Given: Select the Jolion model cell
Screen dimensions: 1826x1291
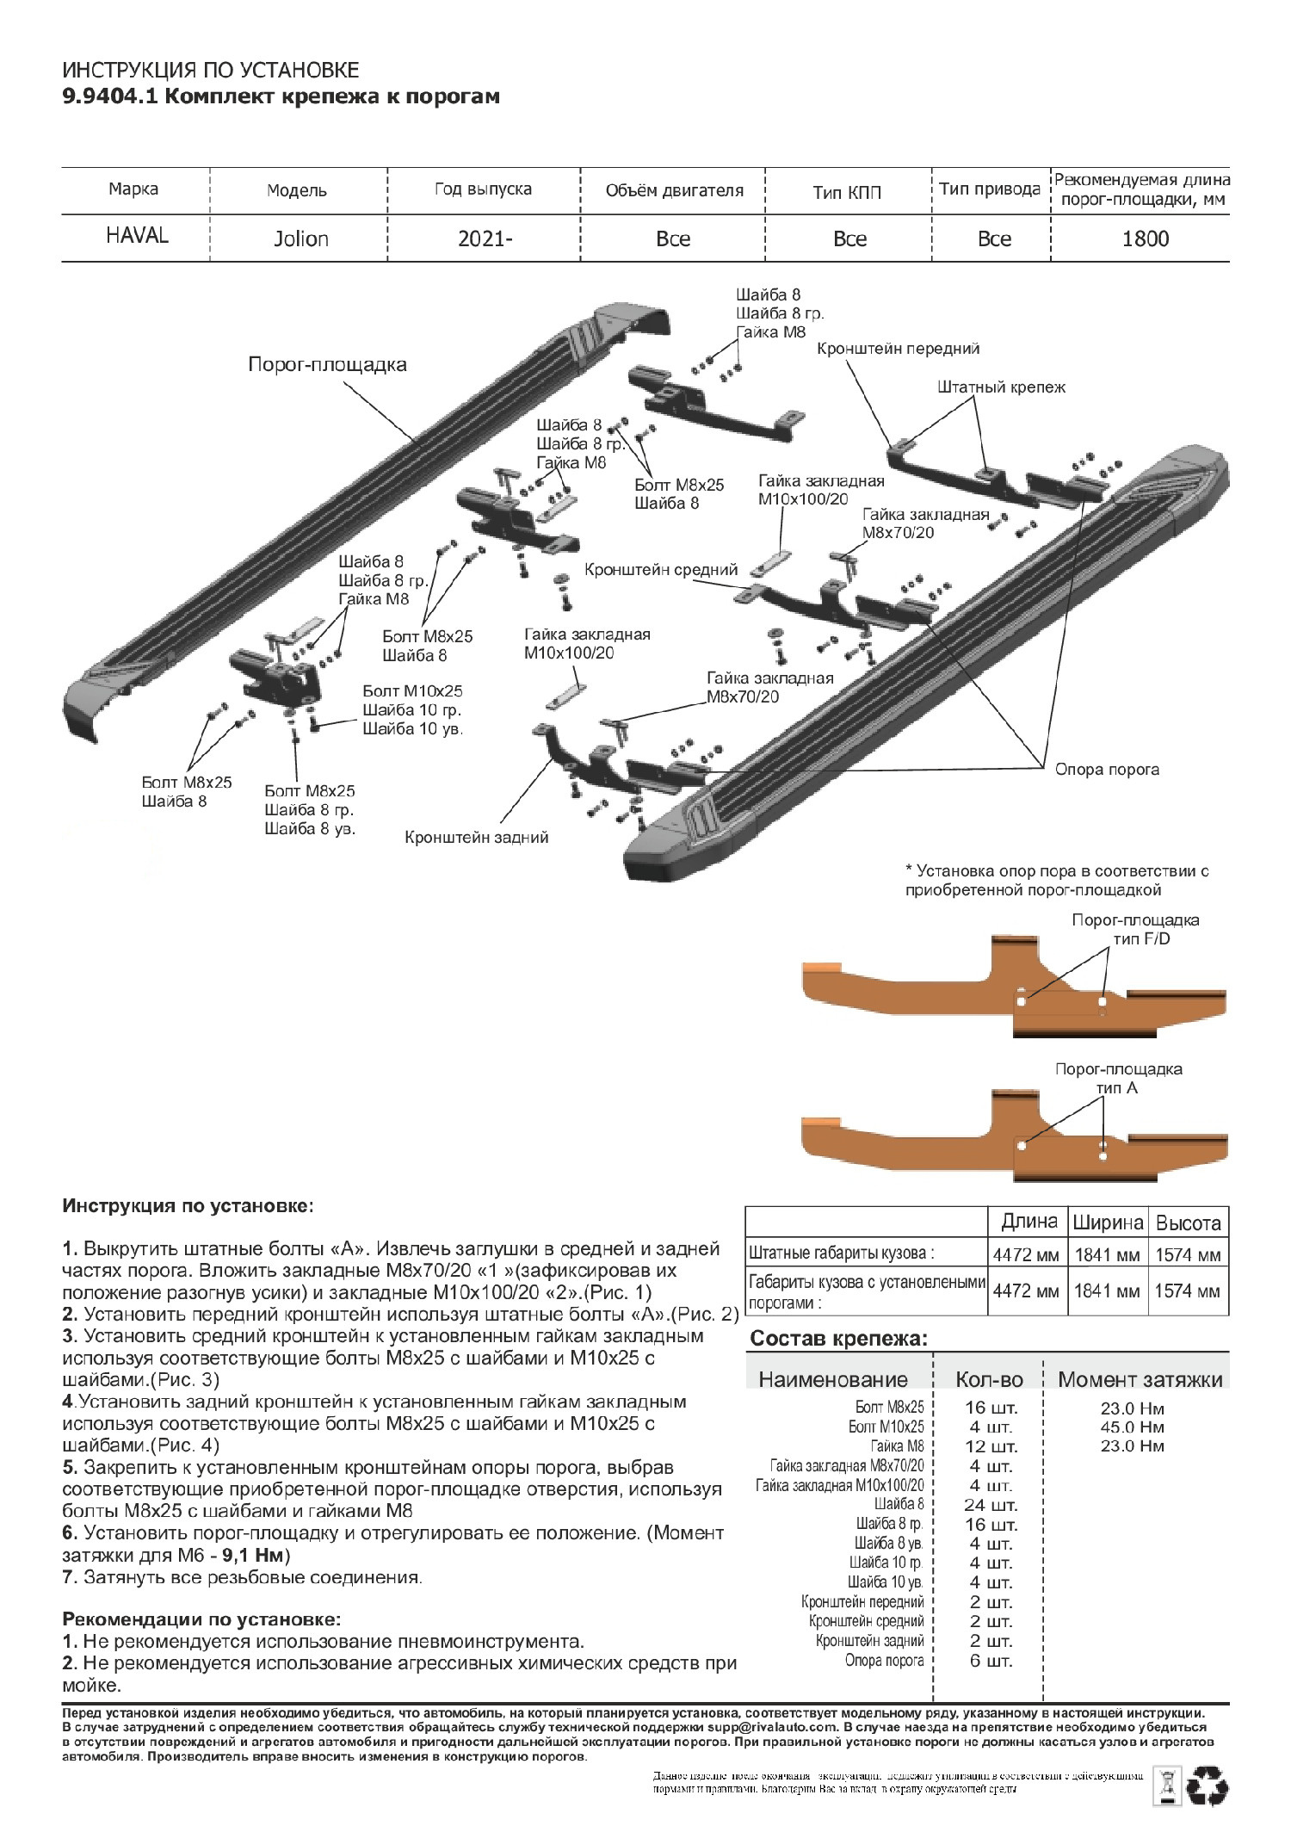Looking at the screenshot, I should [301, 238].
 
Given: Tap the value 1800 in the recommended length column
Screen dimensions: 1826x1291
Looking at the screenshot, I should [1145, 238].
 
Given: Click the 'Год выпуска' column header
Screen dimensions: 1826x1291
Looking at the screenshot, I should [483, 189].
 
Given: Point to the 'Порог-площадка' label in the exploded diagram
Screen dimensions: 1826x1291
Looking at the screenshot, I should [327, 364].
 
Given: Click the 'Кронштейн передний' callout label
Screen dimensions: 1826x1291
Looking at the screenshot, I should [898, 349].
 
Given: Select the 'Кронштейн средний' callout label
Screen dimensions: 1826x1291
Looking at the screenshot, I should [661, 569].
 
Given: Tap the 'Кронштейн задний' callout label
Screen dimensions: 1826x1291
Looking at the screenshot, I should [477, 837].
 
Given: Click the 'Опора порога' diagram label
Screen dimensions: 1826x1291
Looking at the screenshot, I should [1107, 770].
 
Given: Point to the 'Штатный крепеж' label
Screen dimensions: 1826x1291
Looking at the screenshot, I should [1001, 387].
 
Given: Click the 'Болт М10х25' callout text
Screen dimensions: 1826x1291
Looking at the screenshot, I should [412, 690].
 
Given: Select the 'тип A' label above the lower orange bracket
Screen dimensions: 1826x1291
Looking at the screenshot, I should [1116, 1088].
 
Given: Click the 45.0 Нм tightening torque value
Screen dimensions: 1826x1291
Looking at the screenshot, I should [1132, 1427].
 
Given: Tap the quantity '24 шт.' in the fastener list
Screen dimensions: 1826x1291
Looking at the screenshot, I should [991, 1506].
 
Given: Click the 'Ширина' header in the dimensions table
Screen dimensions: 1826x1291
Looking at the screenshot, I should [1107, 1222].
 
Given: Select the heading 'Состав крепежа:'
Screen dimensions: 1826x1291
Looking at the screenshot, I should [839, 1339].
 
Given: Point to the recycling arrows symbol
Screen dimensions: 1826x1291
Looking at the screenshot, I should [1208, 1786].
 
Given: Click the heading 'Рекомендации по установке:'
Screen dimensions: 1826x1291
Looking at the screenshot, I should [201, 1619].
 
